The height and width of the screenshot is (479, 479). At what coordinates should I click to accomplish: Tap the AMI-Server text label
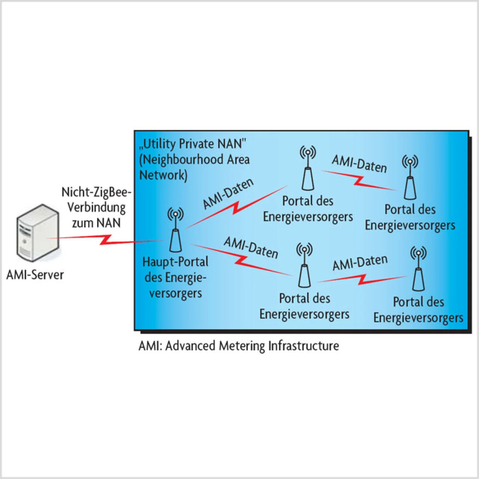pyautogui.click(x=35, y=275)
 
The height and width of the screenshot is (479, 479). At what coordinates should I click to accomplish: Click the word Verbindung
pyautogui.click(x=97, y=208)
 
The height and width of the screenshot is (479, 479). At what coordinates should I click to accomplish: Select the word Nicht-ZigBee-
pyautogui.click(x=97, y=192)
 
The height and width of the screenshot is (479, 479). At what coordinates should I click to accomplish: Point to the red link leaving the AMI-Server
pyautogui.click(x=105, y=239)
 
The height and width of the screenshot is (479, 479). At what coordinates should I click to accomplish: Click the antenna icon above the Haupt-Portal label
pyautogui.click(x=175, y=231)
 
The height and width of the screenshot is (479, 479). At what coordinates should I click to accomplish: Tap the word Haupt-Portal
pyautogui.click(x=175, y=262)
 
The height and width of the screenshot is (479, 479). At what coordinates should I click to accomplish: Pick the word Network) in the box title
pyautogui.click(x=163, y=175)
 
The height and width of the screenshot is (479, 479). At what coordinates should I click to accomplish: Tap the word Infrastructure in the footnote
pyautogui.click(x=303, y=346)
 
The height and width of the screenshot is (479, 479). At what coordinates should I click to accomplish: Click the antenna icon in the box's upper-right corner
pyautogui.click(x=410, y=178)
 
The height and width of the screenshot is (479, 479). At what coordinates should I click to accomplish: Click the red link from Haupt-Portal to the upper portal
pyautogui.click(x=236, y=207)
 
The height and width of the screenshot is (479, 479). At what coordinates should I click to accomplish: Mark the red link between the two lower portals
pyautogui.click(x=361, y=279)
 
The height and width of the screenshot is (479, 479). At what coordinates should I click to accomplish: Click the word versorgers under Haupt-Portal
pyautogui.click(x=175, y=293)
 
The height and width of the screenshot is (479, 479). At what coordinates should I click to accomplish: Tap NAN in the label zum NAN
pyautogui.click(x=109, y=223)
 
